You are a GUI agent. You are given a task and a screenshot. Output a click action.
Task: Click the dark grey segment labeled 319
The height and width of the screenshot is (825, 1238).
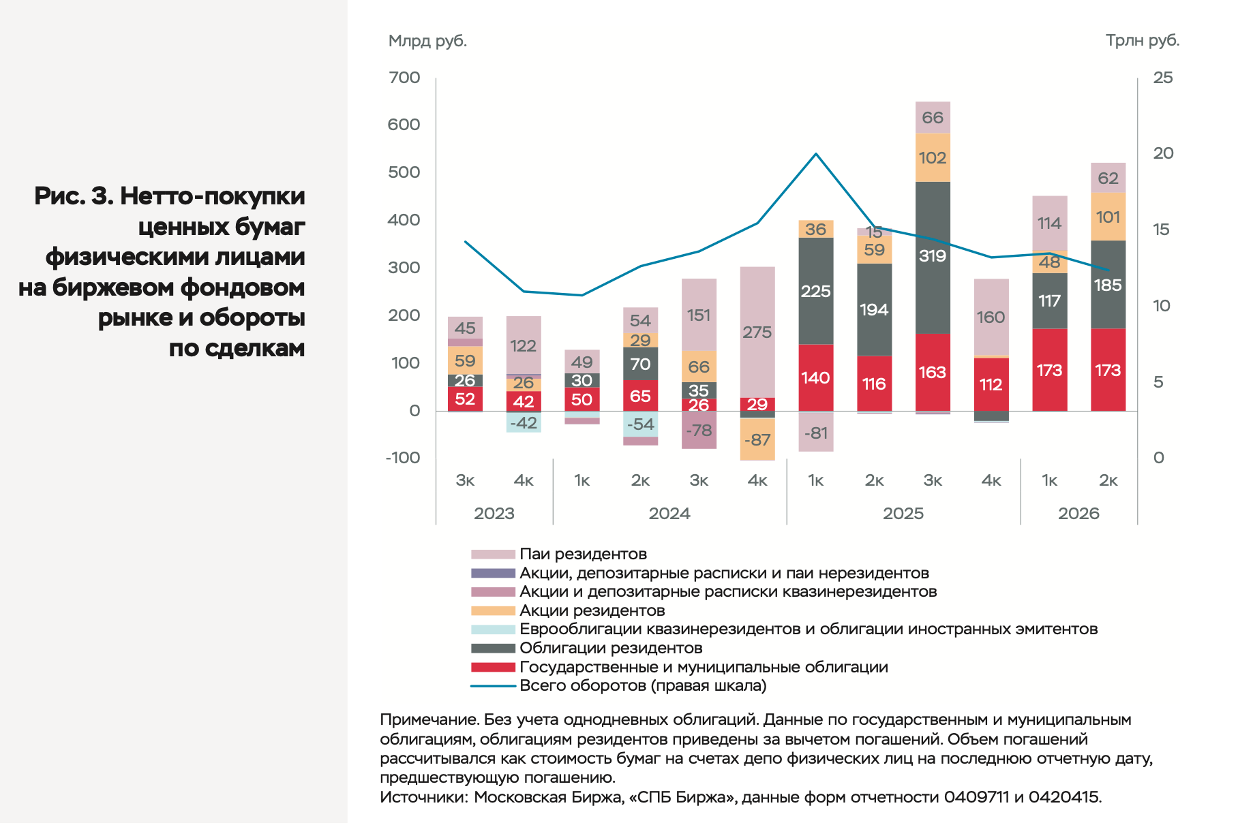pos(933,258)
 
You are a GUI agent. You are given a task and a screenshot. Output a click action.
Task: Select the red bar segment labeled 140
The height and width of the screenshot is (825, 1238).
pos(816,377)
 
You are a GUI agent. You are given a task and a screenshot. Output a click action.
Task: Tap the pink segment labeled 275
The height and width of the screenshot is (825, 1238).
pos(757,332)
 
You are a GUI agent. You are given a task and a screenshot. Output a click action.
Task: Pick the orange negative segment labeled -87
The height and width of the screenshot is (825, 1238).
pos(757,439)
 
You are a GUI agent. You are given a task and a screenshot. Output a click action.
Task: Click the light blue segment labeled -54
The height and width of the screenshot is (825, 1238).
pos(641,424)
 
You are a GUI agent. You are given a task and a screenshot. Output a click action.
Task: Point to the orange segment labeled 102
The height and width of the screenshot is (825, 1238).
pos(933,157)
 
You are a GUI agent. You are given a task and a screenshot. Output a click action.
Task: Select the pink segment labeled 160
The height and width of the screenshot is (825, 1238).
pos(991,317)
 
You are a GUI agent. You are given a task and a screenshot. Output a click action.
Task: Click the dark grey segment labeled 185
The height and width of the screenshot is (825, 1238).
pos(1108,285)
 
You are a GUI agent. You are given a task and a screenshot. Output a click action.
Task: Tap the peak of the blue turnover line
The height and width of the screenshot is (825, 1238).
pos(816,153)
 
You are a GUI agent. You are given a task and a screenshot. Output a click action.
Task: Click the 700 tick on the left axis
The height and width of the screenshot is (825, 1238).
pos(404,78)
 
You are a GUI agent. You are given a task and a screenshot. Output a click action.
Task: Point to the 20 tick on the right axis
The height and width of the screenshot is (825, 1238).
pos(1163,153)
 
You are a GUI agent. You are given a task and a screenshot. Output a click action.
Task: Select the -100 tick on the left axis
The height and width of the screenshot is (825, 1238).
pos(402,458)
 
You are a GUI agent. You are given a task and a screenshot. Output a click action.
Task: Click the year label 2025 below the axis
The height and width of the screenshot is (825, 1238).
pos(903,514)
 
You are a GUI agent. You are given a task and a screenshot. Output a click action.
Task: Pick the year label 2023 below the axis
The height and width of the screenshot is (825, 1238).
pos(494,514)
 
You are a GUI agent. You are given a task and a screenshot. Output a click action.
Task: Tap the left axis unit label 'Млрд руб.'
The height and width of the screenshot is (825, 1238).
pos(427,41)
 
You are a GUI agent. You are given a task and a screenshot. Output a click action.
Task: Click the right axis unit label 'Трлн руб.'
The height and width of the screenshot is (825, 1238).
pos(1143,41)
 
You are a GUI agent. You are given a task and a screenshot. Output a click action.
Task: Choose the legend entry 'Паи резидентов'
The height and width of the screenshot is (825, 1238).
pos(583,554)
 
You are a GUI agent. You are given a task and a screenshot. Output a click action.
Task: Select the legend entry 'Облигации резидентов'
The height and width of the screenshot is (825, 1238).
pos(611,648)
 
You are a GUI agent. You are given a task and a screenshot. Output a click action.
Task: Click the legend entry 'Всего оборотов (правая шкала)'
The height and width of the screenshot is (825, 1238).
pos(643,685)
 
